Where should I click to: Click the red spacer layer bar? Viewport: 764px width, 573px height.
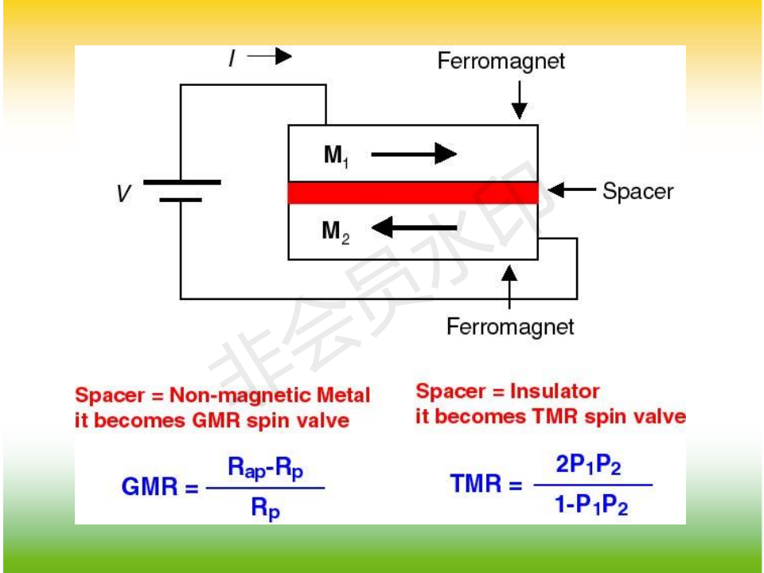point(413,193)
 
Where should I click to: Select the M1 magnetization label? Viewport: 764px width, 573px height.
point(336,155)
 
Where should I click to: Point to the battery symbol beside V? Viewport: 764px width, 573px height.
point(181,190)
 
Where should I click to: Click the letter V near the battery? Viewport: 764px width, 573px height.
point(123,193)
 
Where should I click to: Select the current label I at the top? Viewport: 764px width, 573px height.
point(231,58)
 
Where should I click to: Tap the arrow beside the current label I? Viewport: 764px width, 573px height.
point(270,57)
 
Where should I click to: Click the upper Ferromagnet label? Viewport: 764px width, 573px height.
point(501,61)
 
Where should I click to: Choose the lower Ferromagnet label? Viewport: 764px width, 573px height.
point(510,326)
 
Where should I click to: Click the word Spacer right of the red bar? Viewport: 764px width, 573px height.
point(637,191)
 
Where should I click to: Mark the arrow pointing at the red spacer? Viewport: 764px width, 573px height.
point(572,190)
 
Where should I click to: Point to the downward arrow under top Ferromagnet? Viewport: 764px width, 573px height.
point(519,99)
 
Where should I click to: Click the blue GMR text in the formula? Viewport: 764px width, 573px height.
point(151,486)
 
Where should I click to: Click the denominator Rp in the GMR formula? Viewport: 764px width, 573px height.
point(265,508)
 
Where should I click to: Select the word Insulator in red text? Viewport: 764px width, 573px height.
point(555,391)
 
